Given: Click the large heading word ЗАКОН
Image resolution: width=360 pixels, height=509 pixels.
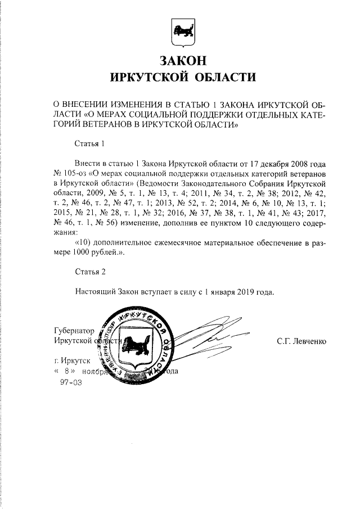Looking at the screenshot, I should pyautogui.click(x=182, y=60).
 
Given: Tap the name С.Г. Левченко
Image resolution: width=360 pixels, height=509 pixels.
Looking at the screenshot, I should pyautogui.click(x=301, y=341).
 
